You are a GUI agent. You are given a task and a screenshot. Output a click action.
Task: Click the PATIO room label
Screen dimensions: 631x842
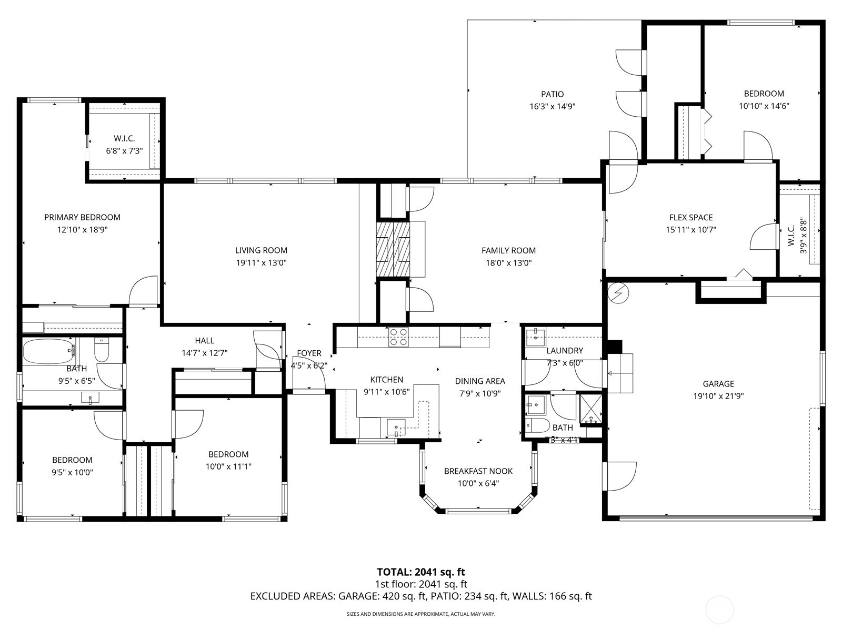[552, 94]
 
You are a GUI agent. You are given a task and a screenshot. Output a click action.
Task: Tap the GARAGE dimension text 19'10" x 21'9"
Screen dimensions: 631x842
[718, 396]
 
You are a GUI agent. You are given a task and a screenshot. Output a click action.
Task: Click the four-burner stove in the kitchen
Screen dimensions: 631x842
[398, 337]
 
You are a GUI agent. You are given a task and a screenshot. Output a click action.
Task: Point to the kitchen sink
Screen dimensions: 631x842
[396, 426]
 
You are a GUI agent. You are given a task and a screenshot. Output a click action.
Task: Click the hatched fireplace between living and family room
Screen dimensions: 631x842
[393, 249]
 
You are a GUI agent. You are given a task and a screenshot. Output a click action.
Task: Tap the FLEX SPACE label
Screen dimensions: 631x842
[690, 217]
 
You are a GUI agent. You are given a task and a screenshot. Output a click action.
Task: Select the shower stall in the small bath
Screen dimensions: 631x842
[590, 409]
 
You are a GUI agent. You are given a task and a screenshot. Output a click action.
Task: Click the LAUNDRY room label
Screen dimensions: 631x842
[564, 351]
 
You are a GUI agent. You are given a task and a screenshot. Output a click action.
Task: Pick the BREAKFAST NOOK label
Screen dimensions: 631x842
[478, 471]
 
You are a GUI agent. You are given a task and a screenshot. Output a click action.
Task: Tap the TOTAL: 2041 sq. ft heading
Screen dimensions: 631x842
[420, 572]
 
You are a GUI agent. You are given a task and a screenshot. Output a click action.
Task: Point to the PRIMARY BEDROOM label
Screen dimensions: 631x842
[82, 217]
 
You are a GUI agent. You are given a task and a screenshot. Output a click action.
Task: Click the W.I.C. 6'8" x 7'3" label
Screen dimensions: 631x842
[124, 145]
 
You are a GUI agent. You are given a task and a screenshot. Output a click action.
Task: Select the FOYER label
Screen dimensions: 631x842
[309, 353]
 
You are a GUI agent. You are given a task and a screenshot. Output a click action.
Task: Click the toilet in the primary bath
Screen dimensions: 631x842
[102, 350]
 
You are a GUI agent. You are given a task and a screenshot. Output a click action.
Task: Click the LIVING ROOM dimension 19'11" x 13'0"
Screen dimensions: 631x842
[261, 263]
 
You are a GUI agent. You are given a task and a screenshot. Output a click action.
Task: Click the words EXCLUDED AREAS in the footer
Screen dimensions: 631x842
[292, 596]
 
